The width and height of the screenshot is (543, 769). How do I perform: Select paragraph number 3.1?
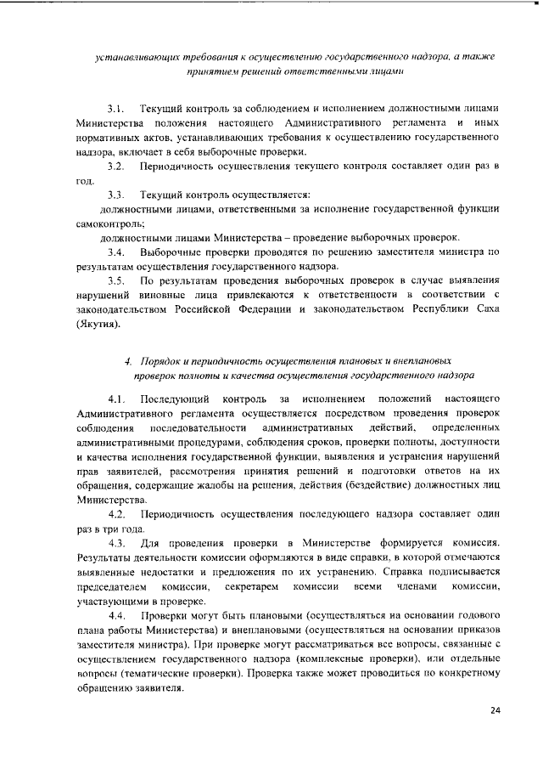116,110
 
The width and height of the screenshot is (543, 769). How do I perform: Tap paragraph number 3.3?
116,195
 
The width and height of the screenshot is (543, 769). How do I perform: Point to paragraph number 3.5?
116,280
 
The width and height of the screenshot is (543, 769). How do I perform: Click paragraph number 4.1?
117,399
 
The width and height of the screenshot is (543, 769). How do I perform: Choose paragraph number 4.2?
117,514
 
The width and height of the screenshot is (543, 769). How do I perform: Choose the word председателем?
113,586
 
